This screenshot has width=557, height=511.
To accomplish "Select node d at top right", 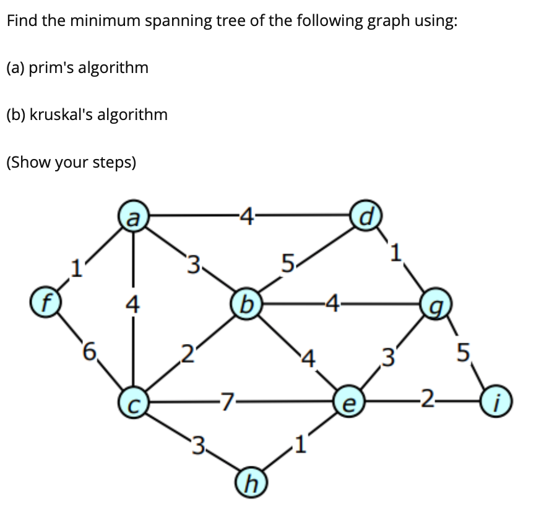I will tap(366, 216).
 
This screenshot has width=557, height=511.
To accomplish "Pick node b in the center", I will tap(246, 304).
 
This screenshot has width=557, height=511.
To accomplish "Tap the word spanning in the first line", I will tap(174, 21).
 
